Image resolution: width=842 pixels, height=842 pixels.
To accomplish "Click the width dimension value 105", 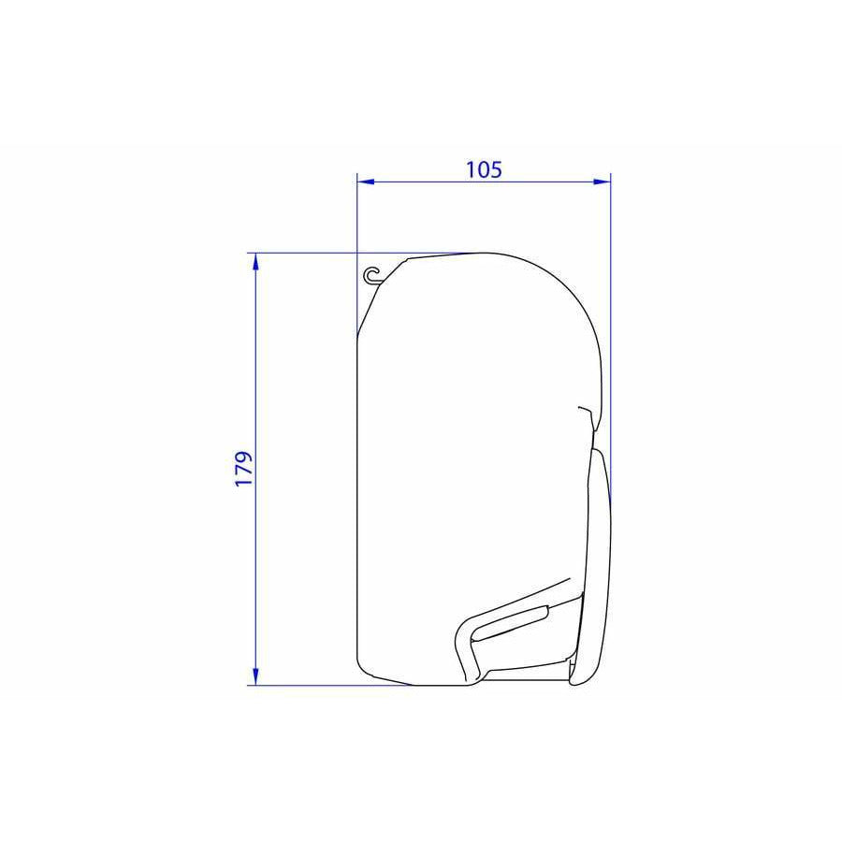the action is pyautogui.click(x=484, y=169).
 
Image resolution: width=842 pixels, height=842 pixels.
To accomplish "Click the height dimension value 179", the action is pyautogui.click(x=244, y=469).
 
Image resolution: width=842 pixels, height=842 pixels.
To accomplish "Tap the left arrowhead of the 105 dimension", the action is pyautogui.click(x=366, y=181).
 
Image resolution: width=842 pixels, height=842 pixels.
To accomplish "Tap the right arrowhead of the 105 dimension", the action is pyautogui.click(x=602, y=181).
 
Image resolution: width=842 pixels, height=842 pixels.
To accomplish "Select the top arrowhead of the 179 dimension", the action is pyautogui.click(x=255, y=262).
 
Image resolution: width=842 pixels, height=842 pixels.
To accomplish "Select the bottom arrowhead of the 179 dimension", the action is pyautogui.click(x=255, y=676).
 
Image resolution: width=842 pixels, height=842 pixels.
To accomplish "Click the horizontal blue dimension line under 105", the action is pyautogui.click(x=484, y=181).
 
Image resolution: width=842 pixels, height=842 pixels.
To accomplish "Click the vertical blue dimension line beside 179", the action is pyautogui.click(x=255, y=470).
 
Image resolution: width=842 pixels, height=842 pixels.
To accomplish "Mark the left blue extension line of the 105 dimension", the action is pyautogui.click(x=357, y=255).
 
